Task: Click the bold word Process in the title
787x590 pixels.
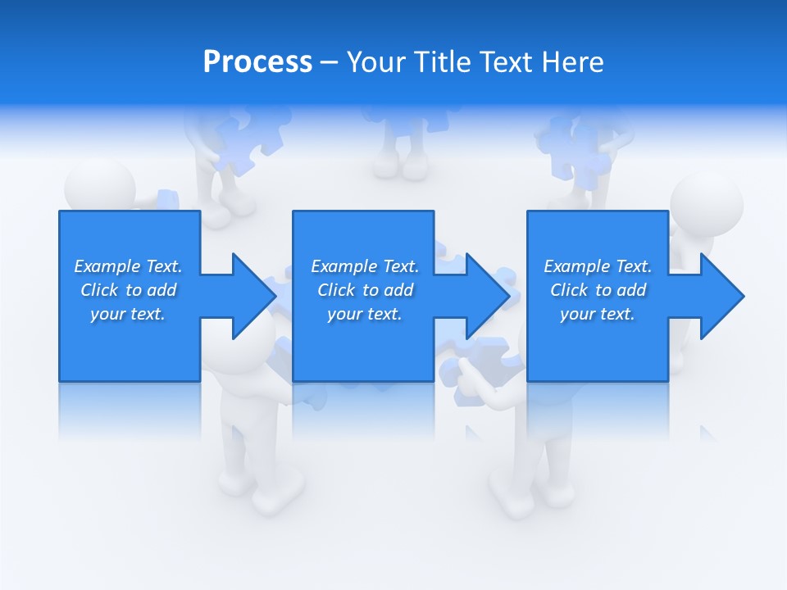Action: point(257,62)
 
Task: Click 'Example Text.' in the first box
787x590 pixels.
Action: point(128,266)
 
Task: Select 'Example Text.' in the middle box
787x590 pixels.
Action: point(365,266)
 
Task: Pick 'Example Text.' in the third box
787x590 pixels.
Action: point(598,266)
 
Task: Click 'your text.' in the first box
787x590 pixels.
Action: point(128,314)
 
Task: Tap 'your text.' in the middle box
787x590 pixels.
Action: point(365,314)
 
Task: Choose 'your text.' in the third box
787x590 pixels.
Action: point(598,314)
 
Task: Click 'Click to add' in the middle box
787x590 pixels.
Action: point(365,290)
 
